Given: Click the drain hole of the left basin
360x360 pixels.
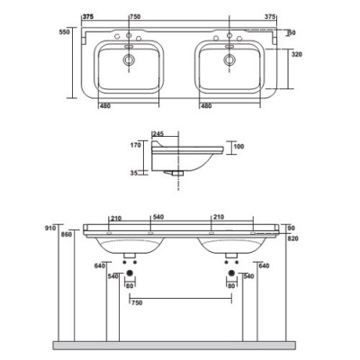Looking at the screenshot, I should click(x=129, y=60).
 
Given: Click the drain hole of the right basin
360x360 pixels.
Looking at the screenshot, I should click(x=229, y=60).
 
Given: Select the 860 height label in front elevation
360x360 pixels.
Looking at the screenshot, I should click(x=66, y=235).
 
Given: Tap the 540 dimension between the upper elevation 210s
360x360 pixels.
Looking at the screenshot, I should click(x=158, y=217).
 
